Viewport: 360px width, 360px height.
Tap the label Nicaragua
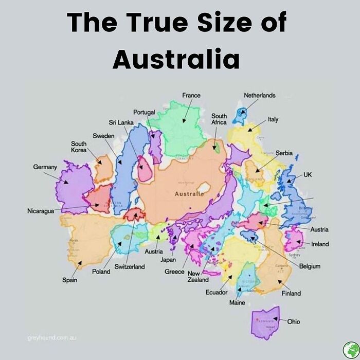coord(40,211)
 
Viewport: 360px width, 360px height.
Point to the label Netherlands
coord(259,95)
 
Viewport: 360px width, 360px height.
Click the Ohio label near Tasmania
coord(294,321)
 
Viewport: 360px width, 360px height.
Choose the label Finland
coord(291,293)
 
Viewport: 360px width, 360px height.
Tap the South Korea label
coord(78,147)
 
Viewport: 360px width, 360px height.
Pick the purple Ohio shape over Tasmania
coord(265,323)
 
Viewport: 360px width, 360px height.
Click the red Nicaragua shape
coord(99,199)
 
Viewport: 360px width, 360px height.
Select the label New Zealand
coord(198,276)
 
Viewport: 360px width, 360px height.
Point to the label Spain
coord(70,280)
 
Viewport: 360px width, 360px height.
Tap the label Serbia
coord(284,153)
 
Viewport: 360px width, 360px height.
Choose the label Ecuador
coord(217,292)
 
